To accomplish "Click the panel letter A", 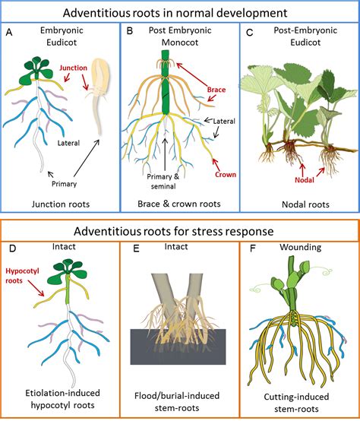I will [10, 33].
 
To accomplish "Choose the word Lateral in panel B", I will [223, 120].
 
